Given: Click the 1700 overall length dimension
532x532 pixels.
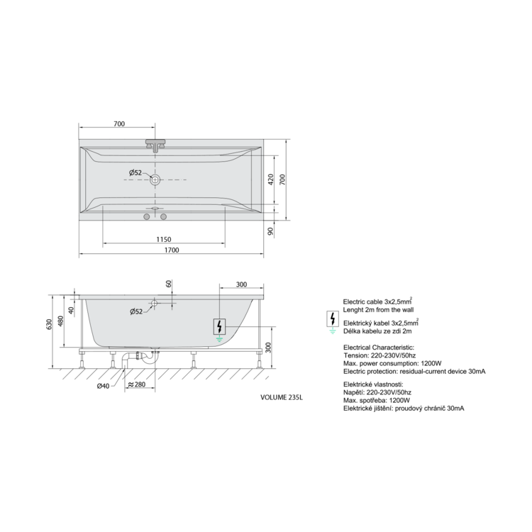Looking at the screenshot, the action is [172, 250].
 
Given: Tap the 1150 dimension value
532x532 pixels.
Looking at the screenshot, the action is [164, 240].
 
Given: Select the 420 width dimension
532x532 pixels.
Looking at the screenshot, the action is [271, 179].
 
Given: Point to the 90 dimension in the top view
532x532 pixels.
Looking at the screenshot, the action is [270, 231].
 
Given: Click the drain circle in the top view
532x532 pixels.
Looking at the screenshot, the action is [155, 179].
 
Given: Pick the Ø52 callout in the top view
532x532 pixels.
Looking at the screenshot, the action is [135, 172].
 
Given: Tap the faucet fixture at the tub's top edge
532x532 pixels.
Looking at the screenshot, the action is [155, 145].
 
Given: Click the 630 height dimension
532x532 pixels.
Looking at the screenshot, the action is [50, 325].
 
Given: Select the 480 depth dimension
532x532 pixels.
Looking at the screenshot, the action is [60, 321].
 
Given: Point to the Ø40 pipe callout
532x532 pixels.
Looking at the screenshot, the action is [103, 386].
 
